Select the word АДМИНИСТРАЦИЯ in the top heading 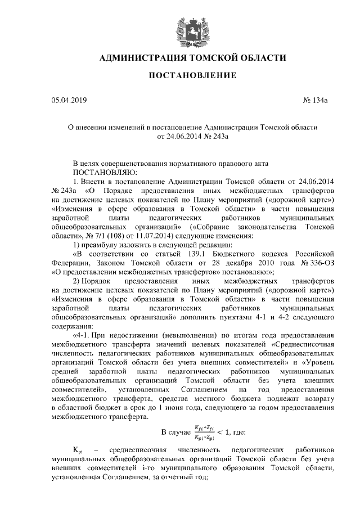(143, 58)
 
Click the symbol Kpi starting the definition (78, 452)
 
